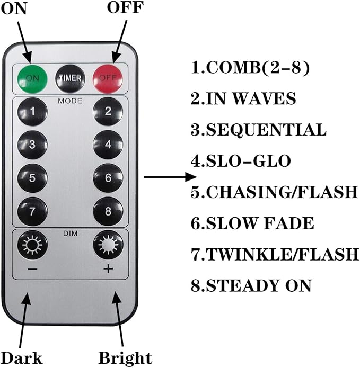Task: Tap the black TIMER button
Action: pyautogui.click(x=70, y=78)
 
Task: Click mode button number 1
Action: pyautogui.click(x=32, y=111)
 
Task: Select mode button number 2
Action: pyautogui.click(x=108, y=111)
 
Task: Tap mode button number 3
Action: pyautogui.click(x=32, y=145)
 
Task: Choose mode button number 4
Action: pyautogui.click(x=108, y=145)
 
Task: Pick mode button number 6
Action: pyautogui.click(x=108, y=178)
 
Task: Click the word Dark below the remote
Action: pyautogui.click(x=22, y=357)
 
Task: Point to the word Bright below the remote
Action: pyautogui.click(x=126, y=358)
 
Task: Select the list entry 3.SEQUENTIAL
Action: pyautogui.click(x=258, y=130)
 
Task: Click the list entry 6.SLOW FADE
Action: pyautogui.click(x=252, y=223)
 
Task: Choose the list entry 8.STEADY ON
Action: pyautogui.click(x=251, y=285)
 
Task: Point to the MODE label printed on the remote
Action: pyautogui.click(x=70, y=99)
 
